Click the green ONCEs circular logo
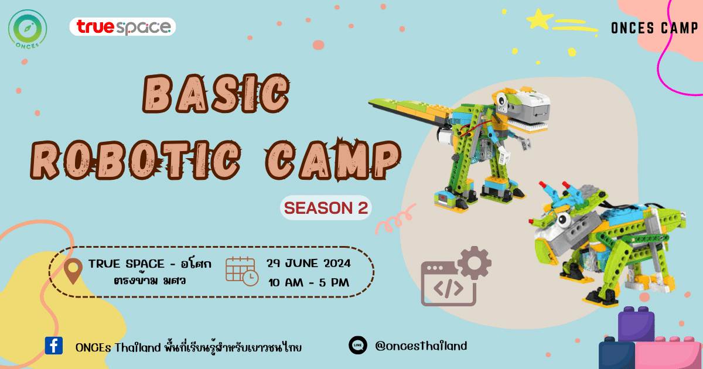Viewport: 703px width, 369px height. pyautogui.click(x=28, y=29)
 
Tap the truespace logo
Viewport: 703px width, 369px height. pyautogui.click(x=122, y=27)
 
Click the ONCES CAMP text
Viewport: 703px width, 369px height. pyautogui.click(x=654, y=28)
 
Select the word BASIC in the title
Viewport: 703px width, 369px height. pyautogui.click(x=216, y=94)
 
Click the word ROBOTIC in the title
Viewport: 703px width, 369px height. pyautogui.click(x=135, y=160)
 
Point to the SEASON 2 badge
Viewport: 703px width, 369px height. pyautogui.click(x=326, y=208)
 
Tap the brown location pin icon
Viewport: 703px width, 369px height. pyautogui.click(x=73, y=271)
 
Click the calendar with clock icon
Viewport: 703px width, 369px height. pyautogui.click(x=242, y=271)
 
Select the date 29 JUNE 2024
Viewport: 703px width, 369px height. pyautogui.click(x=309, y=263)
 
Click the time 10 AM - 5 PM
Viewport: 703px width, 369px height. pyautogui.click(x=309, y=282)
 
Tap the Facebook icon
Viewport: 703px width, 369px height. pyautogui.click(x=54, y=346)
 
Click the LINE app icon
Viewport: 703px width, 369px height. pyautogui.click(x=358, y=345)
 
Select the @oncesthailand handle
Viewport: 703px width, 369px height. pyautogui.click(x=421, y=346)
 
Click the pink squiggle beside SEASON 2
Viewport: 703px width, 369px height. pyautogui.click(x=395, y=219)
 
